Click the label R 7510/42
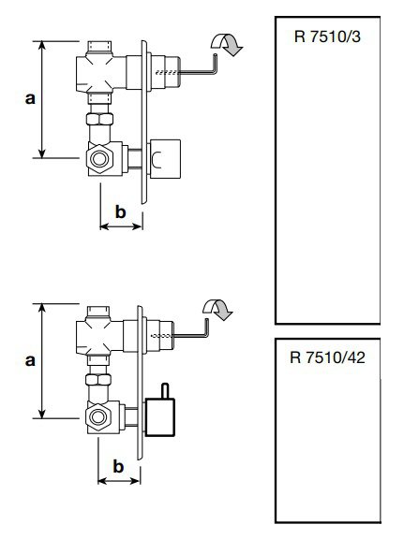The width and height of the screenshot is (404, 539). click(x=329, y=357)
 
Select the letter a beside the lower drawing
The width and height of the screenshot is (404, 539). click(x=29, y=359)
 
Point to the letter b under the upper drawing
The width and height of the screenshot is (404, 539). click(x=120, y=211)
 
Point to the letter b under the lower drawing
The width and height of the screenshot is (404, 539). click(x=119, y=465)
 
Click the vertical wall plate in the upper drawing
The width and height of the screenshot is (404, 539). click(x=143, y=122)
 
